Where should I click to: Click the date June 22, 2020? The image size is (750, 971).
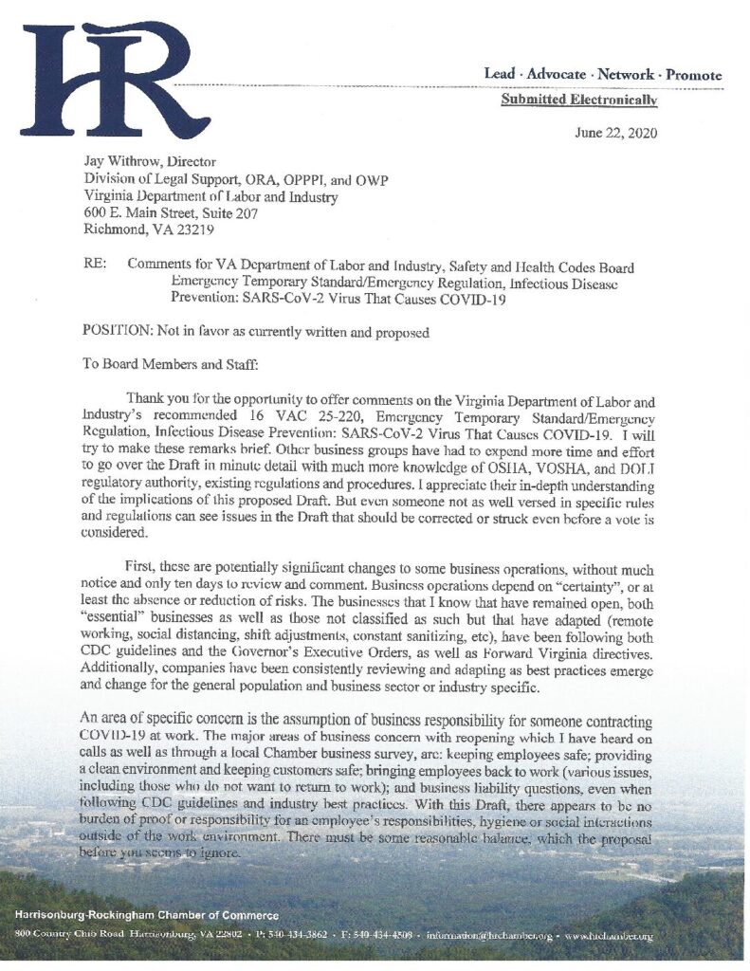coord(615,133)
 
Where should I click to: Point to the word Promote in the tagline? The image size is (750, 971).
coord(693,74)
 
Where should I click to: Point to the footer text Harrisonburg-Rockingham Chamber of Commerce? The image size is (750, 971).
coord(147,915)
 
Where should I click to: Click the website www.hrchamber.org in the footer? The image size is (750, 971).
coord(611,937)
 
